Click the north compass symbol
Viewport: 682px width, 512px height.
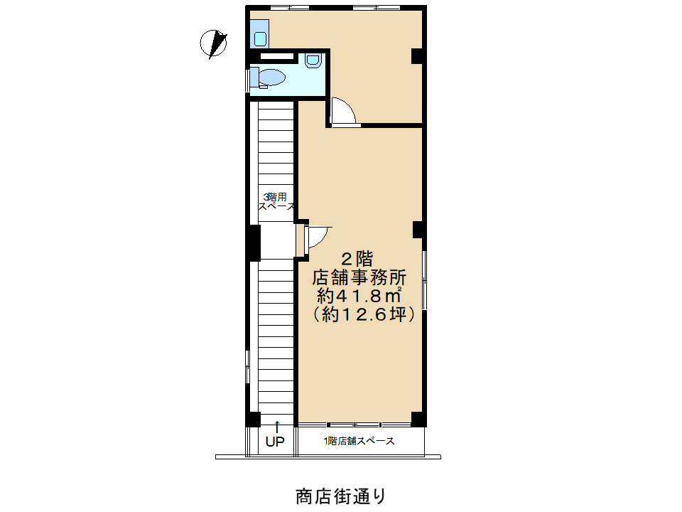tap(213, 43)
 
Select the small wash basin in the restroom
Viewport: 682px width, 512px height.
tap(313, 60)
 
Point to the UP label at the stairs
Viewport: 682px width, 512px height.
tap(275, 442)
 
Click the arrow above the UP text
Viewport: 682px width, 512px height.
tap(276, 427)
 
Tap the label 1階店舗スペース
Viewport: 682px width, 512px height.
tap(359, 441)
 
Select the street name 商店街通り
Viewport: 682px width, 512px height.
tap(340, 496)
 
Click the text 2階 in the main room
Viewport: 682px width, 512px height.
tap(357, 259)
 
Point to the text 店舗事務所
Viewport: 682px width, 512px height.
tap(359, 277)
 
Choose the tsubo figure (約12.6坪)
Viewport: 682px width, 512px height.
tap(364, 314)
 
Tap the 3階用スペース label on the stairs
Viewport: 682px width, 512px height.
tap(276, 201)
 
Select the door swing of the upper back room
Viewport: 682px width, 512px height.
tap(344, 111)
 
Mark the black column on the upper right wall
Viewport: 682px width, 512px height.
tap(417, 56)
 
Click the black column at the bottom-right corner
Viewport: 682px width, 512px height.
tap(418, 419)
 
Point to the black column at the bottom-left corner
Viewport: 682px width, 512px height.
tap(253, 419)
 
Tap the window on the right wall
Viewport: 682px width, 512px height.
tap(425, 280)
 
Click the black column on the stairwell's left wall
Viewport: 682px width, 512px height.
tap(254, 242)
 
